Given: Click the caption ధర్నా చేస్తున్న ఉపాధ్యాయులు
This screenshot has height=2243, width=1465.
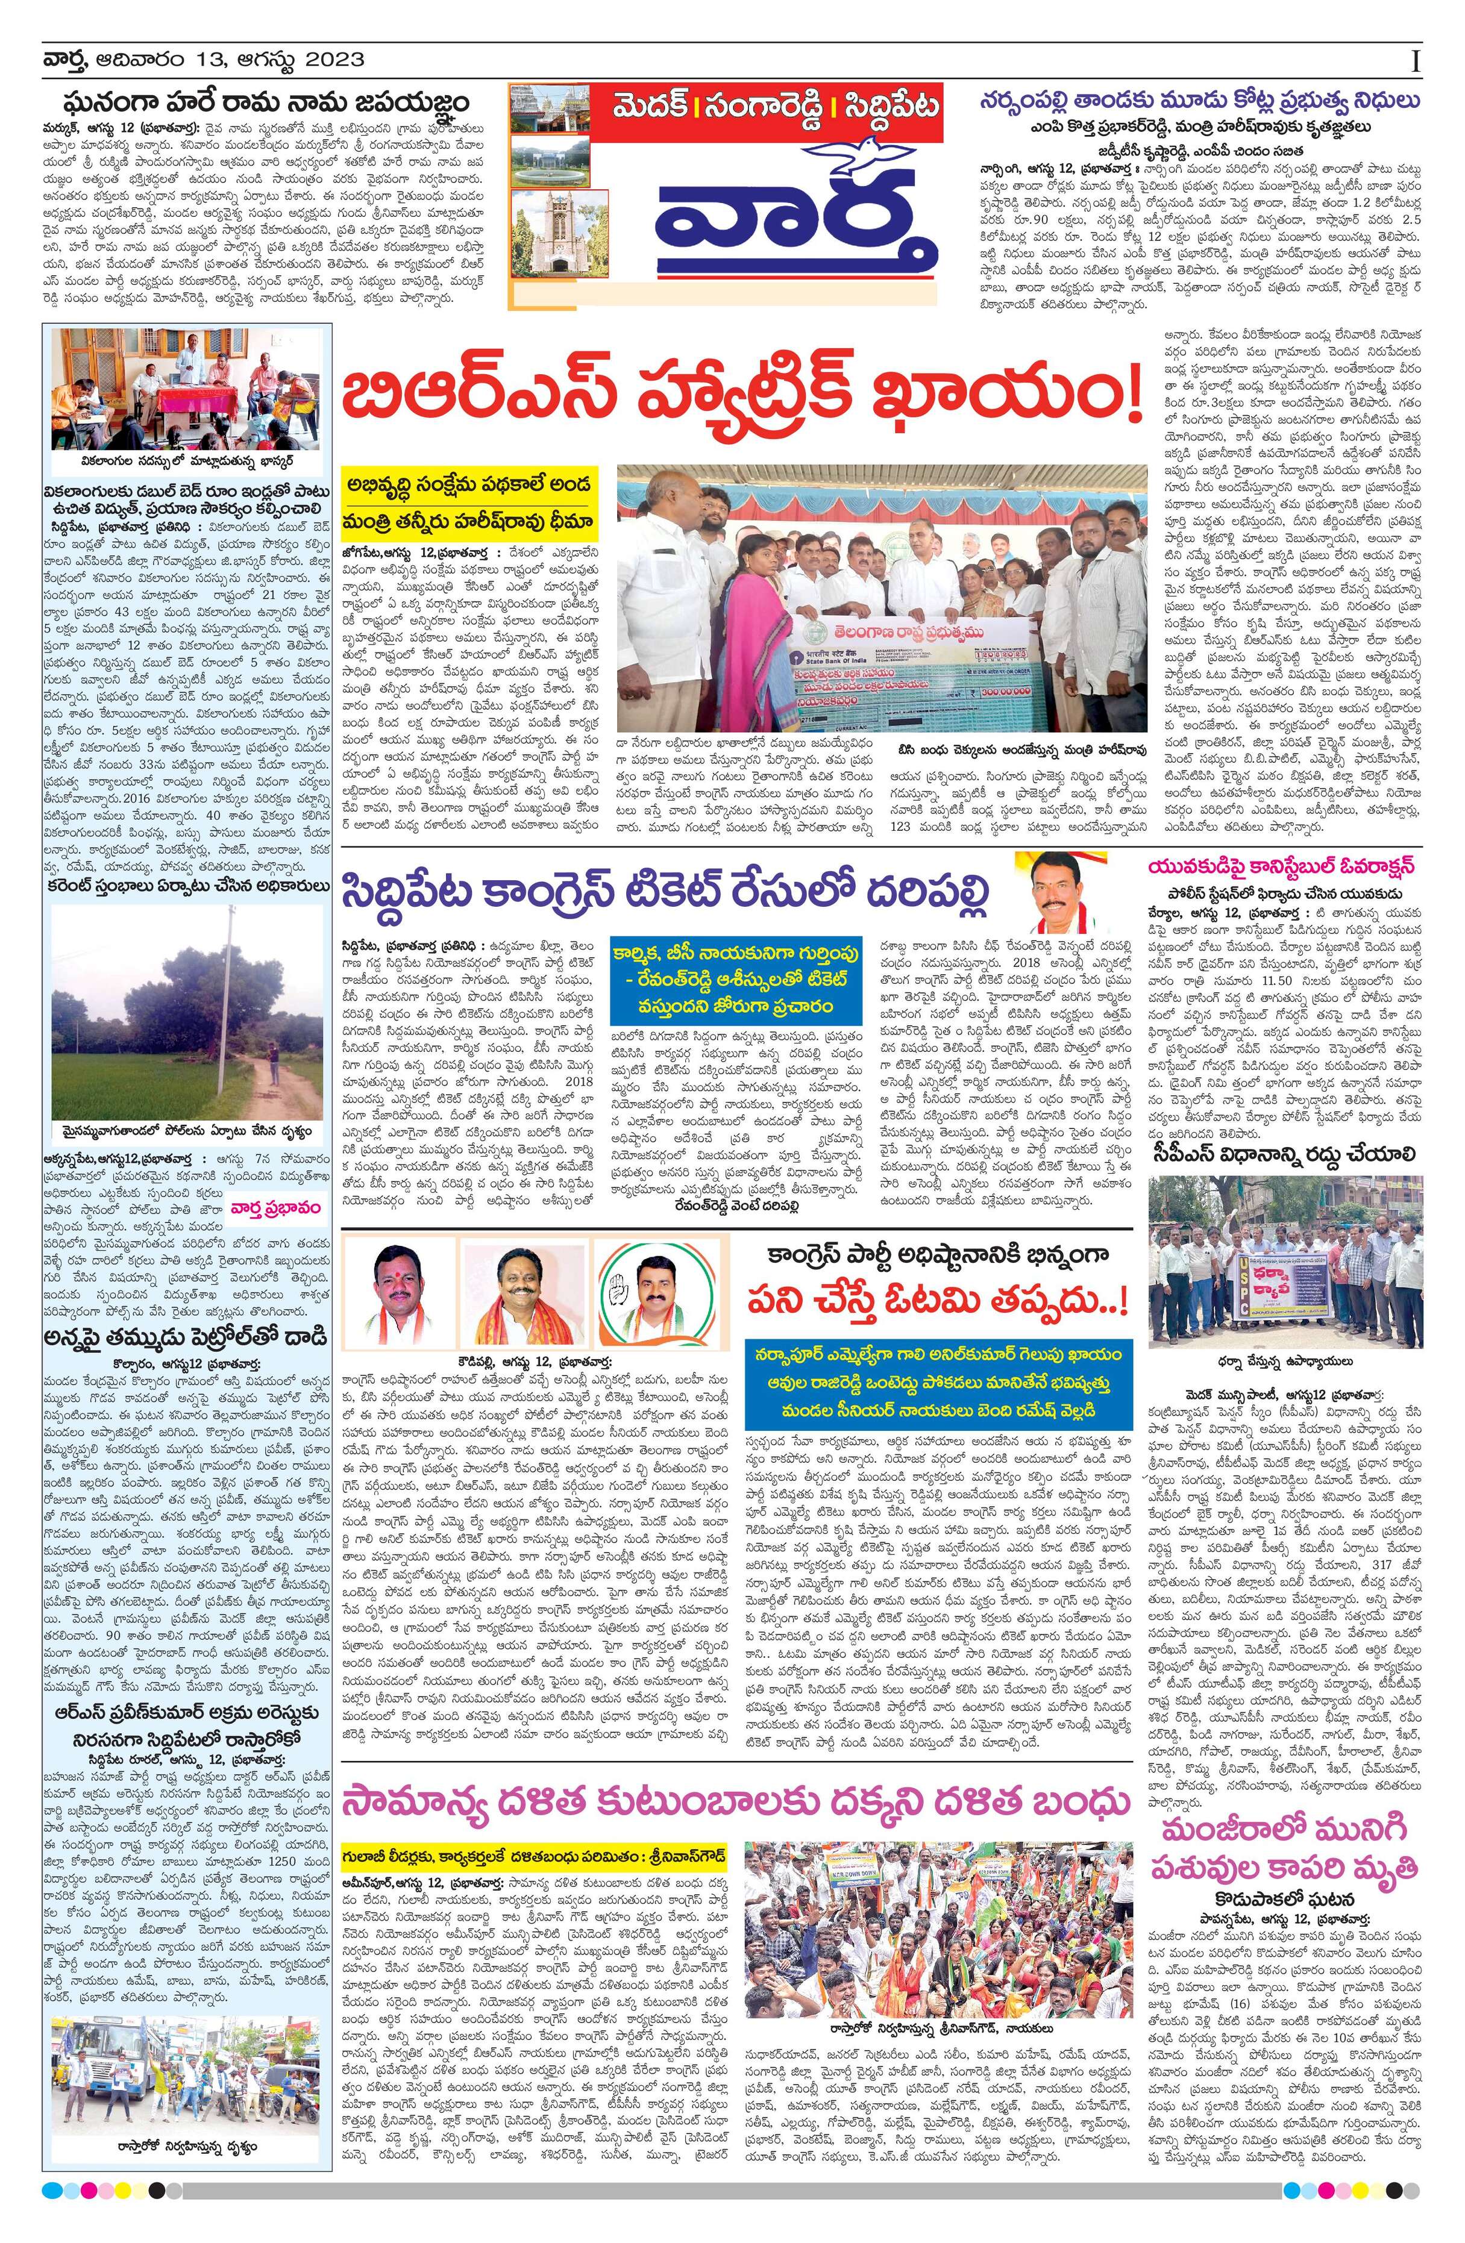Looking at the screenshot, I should pyautogui.click(x=1282, y=1362).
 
